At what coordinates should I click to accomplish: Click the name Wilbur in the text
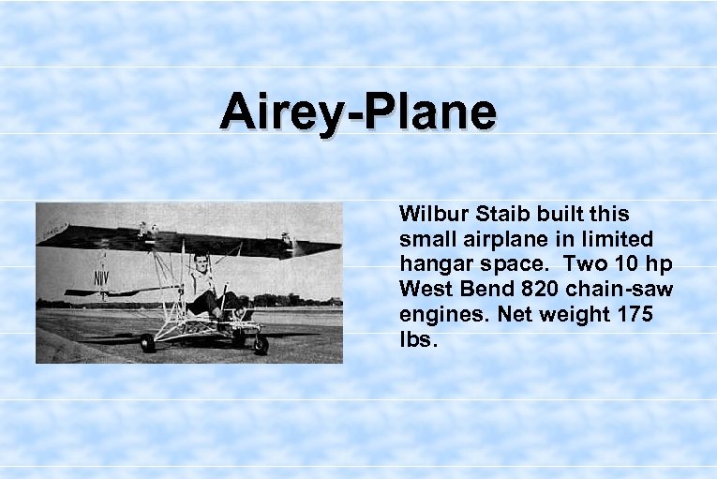pos(428,214)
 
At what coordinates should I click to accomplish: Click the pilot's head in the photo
pos(201,261)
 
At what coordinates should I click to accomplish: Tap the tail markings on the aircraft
pos(100,279)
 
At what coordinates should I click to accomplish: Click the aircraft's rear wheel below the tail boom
pos(147,343)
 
